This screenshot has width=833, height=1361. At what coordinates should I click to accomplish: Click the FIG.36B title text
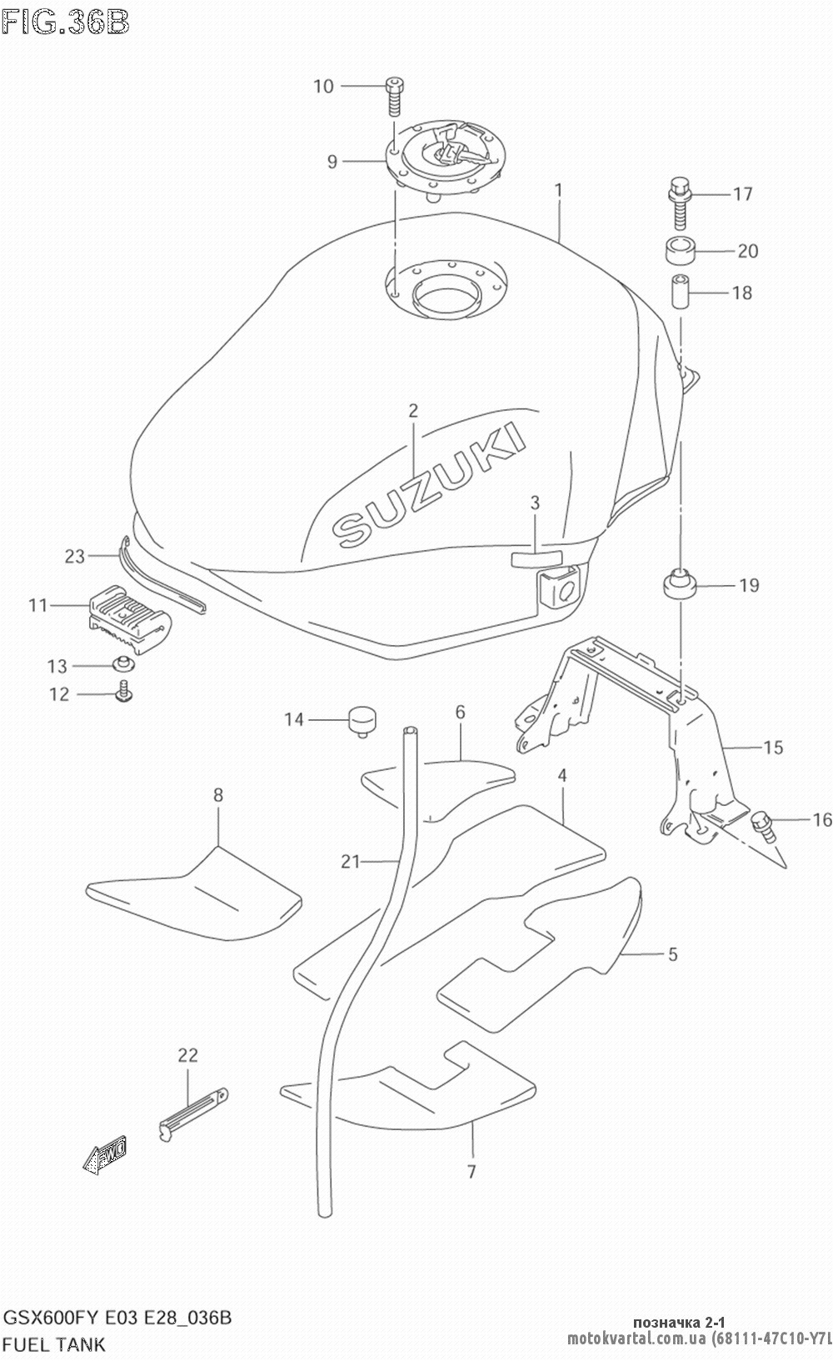point(66,22)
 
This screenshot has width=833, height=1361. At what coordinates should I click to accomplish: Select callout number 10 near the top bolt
point(323,86)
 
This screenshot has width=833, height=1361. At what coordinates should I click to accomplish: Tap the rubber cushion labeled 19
point(679,583)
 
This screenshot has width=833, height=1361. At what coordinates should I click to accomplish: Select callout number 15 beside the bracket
point(774,747)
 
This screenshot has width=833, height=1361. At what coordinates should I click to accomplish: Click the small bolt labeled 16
point(763,824)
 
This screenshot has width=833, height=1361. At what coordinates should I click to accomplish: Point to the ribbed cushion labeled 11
point(129,616)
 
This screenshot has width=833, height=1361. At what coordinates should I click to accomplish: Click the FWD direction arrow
point(104,1155)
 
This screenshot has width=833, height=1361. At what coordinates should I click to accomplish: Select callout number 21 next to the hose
point(350,861)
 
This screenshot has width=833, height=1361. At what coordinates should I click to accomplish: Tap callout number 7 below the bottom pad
point(471,1172)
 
